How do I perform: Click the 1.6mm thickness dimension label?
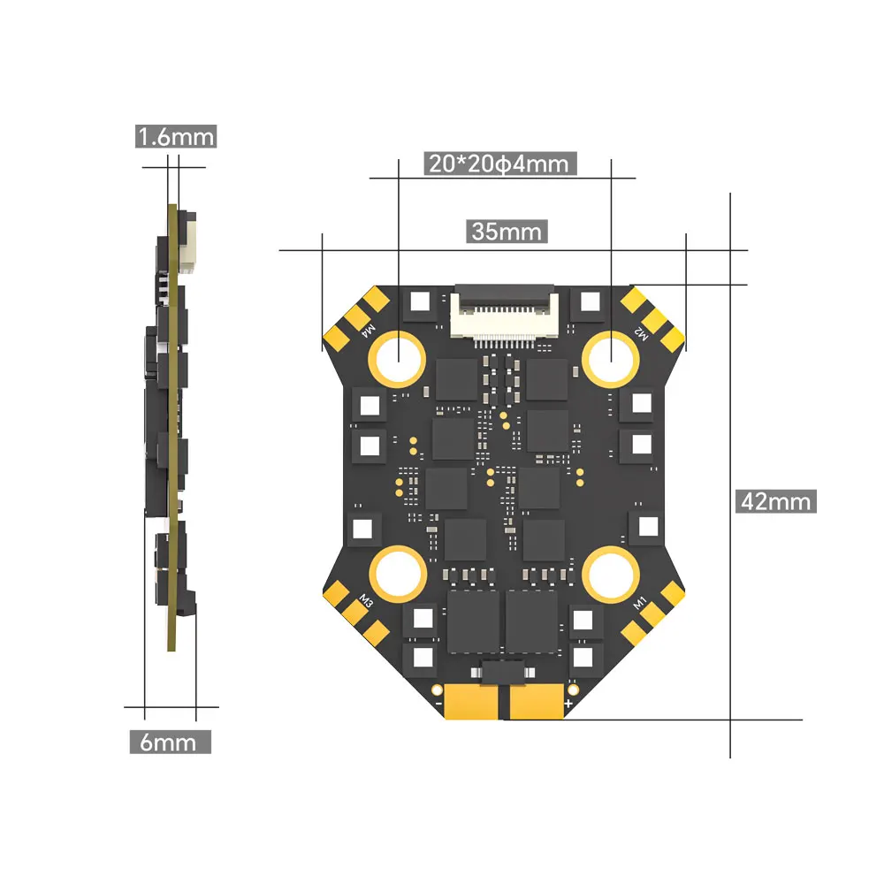175,137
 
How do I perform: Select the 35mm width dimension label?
506,232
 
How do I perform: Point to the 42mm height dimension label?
775,501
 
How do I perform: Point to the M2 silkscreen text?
642,334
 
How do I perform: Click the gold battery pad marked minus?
476,703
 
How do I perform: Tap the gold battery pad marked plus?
536,703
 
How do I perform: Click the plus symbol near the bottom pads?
568,704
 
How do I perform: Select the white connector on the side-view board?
188,241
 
